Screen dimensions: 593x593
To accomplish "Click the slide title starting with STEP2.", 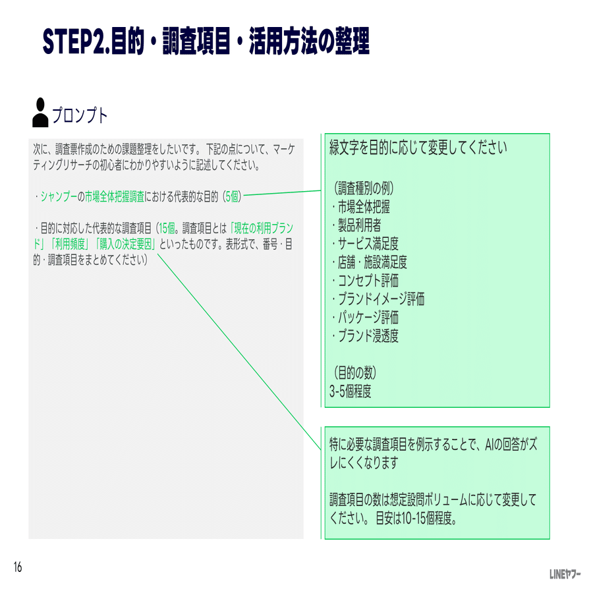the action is pos(206,41).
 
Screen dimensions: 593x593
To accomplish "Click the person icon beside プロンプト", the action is pos(40,113).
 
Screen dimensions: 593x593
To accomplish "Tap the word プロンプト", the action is pos(80,115).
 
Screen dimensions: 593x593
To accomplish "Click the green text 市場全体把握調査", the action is pos(115,196).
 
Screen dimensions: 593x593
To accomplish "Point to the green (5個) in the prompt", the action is pos(231,196).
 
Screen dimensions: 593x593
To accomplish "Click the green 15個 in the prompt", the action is pos(167,229).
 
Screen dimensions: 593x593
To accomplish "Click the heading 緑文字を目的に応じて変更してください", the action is pos(418,148).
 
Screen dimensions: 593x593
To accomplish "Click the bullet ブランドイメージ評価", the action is pos(379,299).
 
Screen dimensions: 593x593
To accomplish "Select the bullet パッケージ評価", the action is pos(366,318).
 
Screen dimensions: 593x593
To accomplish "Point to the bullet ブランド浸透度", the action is pos(366,336).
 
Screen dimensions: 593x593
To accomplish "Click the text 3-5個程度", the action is pos(351,391).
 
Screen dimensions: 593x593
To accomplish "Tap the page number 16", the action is pos(17,567).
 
